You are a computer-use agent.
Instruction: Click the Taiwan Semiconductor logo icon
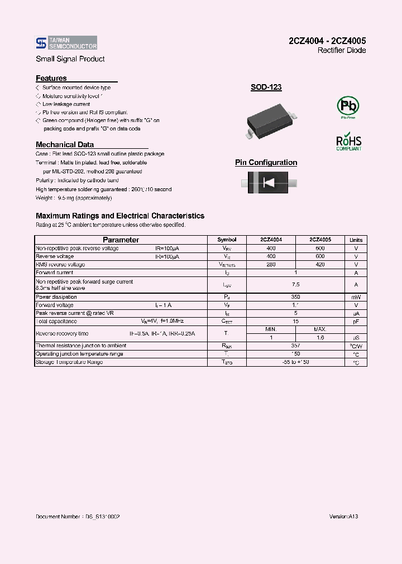tap(40, 43)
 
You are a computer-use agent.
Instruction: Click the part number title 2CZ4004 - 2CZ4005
tap(327, 41)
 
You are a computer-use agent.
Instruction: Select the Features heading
tap(51, 79)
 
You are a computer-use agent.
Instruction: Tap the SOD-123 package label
tap(266, 87)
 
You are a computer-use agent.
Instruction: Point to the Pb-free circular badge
tap(348, 106)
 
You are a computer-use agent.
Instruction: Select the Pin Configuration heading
tap(266, 163)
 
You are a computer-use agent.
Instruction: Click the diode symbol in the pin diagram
tap(270, 183)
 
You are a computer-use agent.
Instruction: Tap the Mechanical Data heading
tap(65, 144)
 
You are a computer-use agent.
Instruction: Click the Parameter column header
tap(121, 240)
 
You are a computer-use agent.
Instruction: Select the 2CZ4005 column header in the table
tap(320, 240)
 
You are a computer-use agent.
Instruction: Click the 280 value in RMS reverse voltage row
tap(271, 265)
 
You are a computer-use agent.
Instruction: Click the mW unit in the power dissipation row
tap(356, 297)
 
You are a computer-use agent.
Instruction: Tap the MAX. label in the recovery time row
tap(320, 329)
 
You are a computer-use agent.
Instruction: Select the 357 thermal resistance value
tap(296, 346)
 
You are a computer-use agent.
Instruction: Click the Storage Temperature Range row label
tap(69, 362)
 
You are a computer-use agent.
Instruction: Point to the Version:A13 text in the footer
tap(343, 517)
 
